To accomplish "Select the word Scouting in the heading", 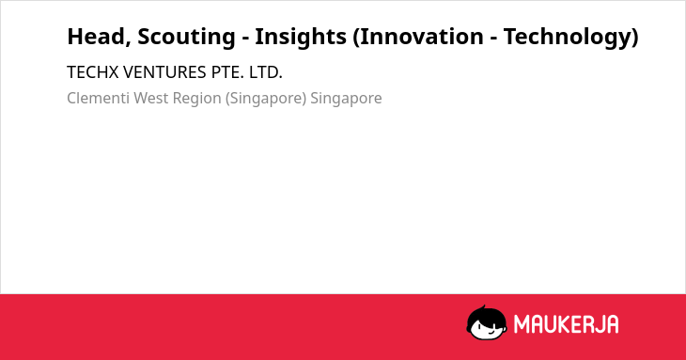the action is (x=186, y=38).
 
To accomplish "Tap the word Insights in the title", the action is (x=301, y=38).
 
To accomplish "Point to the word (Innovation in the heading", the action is (x=418, y=37).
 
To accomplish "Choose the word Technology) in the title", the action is (x=571, y=38).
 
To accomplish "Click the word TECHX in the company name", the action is (x=93, y=72).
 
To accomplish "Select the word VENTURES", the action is (x=164, y=72).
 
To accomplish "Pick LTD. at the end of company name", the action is (x=266, y=72).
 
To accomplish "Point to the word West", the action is (x=151, y=98).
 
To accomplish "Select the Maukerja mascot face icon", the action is (x=487, y=322).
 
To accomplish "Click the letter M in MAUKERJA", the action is (x=522, y=324).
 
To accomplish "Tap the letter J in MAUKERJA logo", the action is (x=598, y=324).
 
